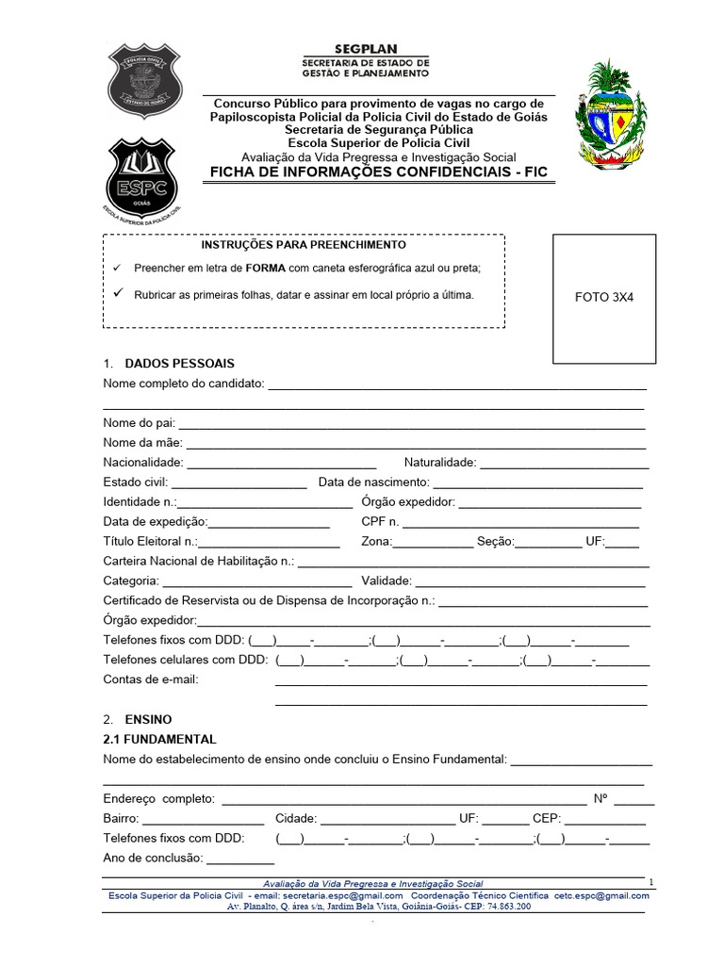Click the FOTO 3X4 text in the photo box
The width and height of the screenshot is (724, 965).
click(x=604, y=297)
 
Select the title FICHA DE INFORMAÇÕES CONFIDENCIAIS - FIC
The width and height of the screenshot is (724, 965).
click(x=377, y=172)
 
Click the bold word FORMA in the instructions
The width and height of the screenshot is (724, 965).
click(x=266, y=269)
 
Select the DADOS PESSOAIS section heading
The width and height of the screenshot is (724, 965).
click(x=179, y=364)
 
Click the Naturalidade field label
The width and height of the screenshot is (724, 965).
click(x=440, y=463)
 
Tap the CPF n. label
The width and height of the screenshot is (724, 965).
click(x=380, y=522)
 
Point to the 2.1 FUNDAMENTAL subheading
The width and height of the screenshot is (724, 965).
click(x=159, y=740)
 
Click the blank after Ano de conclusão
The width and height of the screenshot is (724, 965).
click(x=239, y=858)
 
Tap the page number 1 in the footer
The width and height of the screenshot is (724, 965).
click(x=650, y=881)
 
